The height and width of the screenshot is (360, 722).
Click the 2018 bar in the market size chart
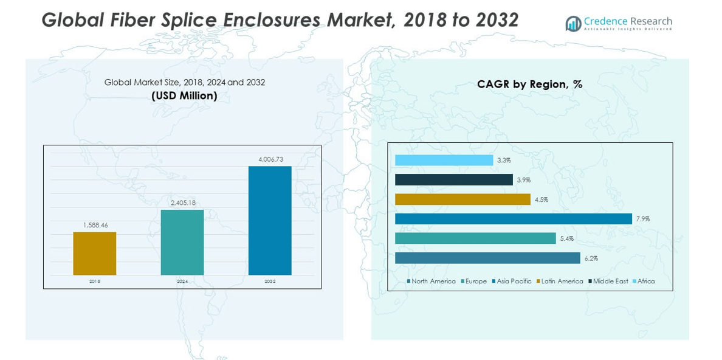point(94,253)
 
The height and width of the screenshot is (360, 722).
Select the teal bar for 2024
point(182,242)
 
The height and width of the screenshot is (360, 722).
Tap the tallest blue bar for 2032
point(270,220)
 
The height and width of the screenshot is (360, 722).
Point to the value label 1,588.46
point(95,225)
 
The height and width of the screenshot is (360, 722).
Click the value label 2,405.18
point(182,202)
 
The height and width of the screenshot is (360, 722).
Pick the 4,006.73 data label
point(270,159)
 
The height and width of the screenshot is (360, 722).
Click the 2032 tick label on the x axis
point(270,282)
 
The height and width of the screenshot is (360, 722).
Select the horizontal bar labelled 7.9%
point(513,219)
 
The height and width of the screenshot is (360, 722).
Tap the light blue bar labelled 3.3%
point(444,161)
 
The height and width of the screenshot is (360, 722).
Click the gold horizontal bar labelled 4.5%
point(462,199)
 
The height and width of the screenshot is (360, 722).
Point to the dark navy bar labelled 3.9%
point(453,180)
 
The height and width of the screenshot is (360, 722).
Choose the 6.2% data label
point(591,258)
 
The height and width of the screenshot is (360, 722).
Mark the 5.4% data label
point(566,239)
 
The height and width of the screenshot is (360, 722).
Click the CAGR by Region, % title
point(529,85)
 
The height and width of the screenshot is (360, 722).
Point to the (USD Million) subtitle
point(184,96)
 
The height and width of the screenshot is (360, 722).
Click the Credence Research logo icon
point(573,24)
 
